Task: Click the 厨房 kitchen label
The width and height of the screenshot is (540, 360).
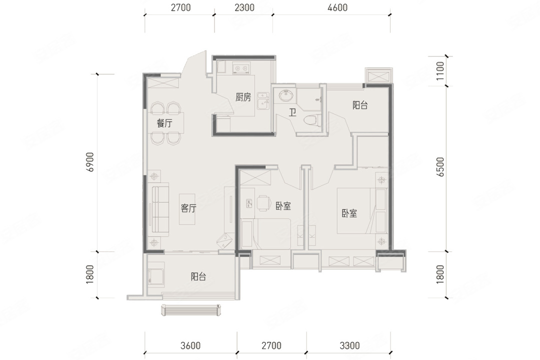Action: pos(243,97)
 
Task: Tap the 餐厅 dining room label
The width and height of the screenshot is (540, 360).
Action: pos(164,123)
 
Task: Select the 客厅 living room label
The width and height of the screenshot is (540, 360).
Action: pos(188,208)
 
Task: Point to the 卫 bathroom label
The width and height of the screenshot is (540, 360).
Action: pos(292,112)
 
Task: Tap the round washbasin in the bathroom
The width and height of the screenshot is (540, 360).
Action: pos(285,95)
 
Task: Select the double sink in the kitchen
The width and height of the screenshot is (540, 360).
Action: pos(263,99)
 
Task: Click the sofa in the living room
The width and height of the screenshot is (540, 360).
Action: pos(160,211)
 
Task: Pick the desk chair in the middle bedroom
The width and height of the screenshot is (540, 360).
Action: pos(263,203)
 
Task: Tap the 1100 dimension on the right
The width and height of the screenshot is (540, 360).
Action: pos(440,71)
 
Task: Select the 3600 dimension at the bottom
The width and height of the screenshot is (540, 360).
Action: pos(190,345)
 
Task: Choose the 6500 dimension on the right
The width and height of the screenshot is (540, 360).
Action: pos(440,167)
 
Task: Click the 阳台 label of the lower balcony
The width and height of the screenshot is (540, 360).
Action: pos(198,276)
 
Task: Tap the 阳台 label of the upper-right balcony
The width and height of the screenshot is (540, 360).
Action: pos(360,105)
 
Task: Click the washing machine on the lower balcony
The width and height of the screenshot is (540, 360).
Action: pos(156,272)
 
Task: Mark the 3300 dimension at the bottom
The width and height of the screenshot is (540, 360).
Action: pos(349,345)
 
